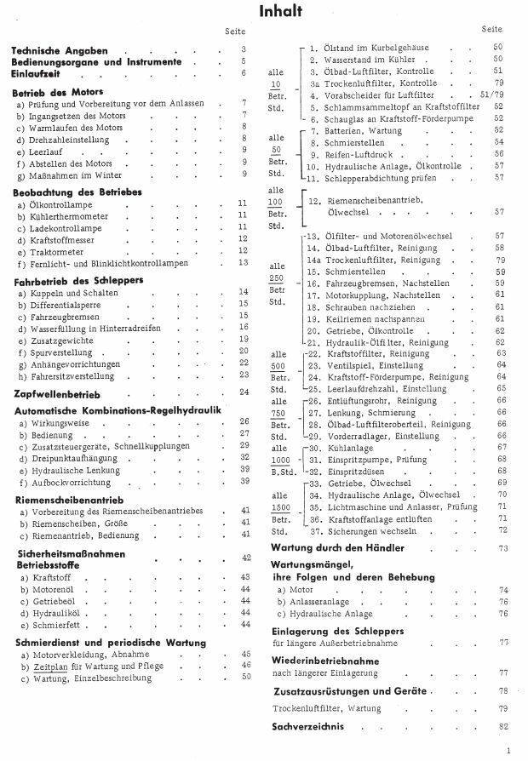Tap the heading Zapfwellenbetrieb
click(x=58, y=393)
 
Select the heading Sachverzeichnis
click(x=308, y=726)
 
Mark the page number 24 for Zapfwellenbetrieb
click(x=244, y=392)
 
